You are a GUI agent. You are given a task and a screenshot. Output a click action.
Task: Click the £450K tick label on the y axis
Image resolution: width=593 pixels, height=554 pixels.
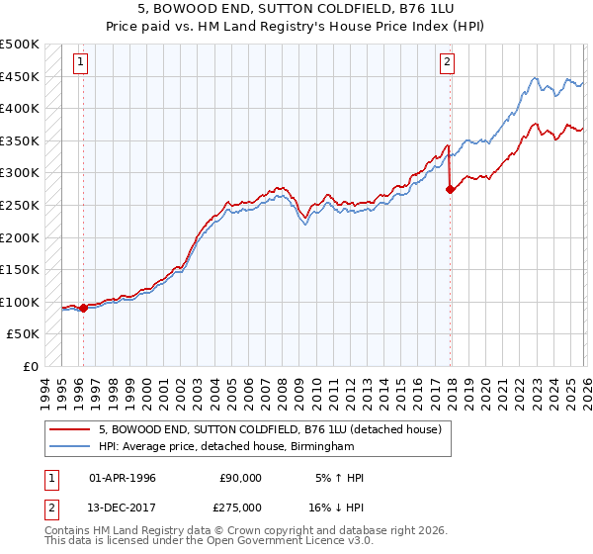pyautogui.click(x=20, y=76)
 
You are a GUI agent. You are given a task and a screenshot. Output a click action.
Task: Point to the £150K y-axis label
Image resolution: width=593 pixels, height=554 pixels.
pyautogui.click(x=20, y=269)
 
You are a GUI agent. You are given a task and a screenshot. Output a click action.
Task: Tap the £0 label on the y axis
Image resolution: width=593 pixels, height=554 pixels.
pyautogui.click(x=30, y=366)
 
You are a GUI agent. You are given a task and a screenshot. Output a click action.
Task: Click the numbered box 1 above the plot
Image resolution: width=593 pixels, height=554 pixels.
pyautogui.click(x=80, y=62)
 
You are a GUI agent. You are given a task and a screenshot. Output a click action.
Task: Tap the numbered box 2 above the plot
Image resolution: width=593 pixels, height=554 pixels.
pyautogui.click(x=447, y=62)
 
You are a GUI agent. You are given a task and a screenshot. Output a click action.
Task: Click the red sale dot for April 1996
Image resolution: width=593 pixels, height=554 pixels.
pyautogui.click(x=83, y=308)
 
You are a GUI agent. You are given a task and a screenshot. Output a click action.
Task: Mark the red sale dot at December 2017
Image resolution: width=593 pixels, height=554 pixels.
pyautogui.click(x=451, y=189)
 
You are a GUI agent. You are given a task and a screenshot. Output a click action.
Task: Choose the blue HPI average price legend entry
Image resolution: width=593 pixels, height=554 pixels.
pyautogui.click(x=225, y=447)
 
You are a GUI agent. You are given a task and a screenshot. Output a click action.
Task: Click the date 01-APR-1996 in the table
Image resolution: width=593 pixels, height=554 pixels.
pyautogui.click(x=123, y=478)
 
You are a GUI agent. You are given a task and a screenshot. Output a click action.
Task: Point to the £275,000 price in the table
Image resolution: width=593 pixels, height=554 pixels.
pyautogui.click(x=240, y=506)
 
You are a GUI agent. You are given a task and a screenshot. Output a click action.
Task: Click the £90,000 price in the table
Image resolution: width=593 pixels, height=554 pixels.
pyautogui.click(x=240, y=478)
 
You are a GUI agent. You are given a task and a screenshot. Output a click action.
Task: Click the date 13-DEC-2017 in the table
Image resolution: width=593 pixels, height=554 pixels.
pyautogui.click(x=123, y=506)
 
